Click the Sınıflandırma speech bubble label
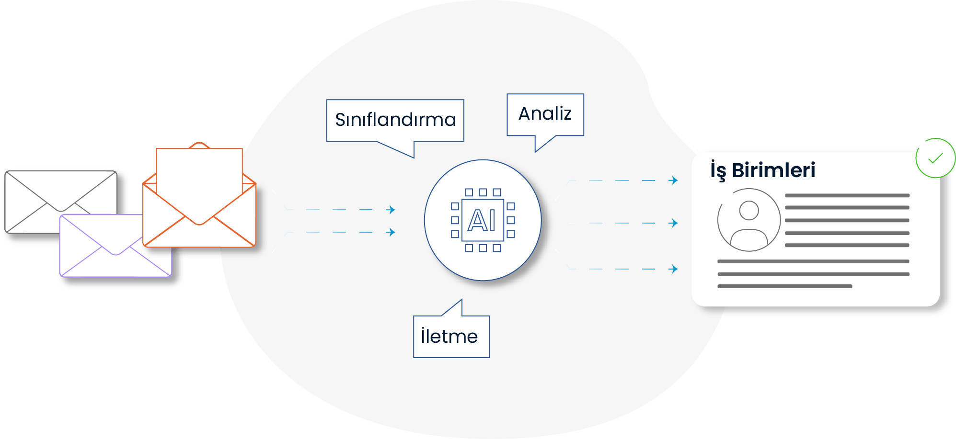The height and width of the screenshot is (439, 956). coord(395,120)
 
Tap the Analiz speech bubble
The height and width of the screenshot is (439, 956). coord(545,114)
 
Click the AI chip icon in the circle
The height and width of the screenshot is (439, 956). coord(483,220)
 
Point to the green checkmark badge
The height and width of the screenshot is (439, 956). coord(935,158)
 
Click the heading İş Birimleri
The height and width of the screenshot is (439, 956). coord(762,170)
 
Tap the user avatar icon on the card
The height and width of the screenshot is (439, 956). coord(749,220)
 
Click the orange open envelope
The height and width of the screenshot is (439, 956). coord(199,215)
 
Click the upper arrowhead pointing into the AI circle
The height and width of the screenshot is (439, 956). coord(392,210)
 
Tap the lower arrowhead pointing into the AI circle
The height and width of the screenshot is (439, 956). coord(392,232)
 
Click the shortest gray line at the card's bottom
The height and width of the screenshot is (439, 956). coord(784,286)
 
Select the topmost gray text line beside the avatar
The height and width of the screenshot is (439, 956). coord(847,195)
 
